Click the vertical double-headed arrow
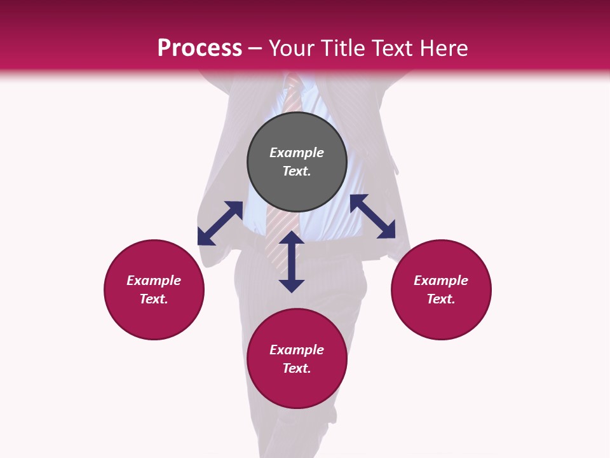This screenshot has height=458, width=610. click(x=292, y=261)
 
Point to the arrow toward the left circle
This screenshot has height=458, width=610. click(x=220, y=223)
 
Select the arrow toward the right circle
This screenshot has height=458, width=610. click(x=372, y=216)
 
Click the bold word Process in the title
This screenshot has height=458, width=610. click(x=200, y=48)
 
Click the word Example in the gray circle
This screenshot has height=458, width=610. click(x=297, y=153)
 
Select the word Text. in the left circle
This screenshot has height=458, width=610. click(x=154, y=299)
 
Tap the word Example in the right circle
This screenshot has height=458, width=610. click(x=441, y=281)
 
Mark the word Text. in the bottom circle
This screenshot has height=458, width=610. click(x=297, y=368)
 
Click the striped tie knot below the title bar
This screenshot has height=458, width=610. click(x=294, y=83)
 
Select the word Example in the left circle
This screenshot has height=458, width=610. click(x=154, y=281)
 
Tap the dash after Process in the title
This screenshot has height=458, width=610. click(x=255, y=48)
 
